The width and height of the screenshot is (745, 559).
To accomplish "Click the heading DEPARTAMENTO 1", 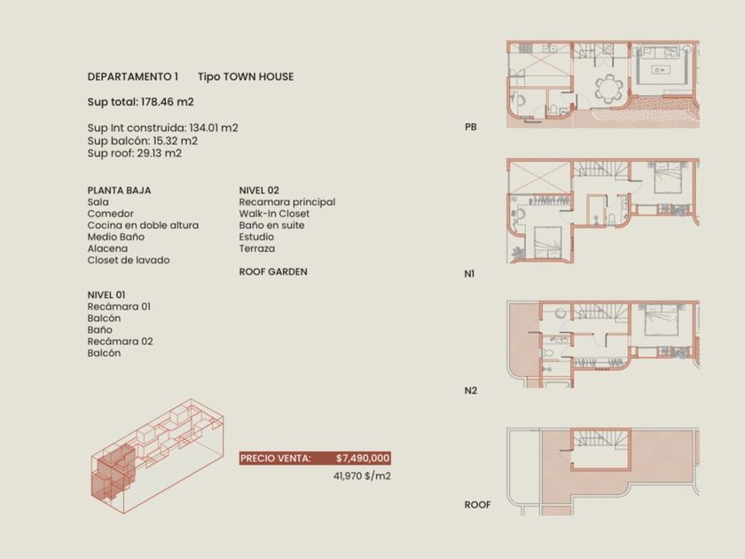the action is (132, 76).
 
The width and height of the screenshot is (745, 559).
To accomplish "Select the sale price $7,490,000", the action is (363, 458).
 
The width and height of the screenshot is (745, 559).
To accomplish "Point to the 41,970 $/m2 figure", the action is (362, 476).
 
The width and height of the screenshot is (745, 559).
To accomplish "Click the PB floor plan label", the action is (470, 127).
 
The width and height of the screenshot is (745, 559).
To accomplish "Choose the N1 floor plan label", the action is (469, 274).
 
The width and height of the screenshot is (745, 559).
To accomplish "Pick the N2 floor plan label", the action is (470, 390).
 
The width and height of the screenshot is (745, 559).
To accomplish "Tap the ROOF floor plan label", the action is (477, 505).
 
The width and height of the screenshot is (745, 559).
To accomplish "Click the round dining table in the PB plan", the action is (608, 89).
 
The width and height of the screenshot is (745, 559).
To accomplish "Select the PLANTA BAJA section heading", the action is (119, 190).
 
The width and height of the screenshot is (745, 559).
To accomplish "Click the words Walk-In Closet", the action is (274, 214).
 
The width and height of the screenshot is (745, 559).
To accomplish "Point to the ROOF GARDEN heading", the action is (273, 272).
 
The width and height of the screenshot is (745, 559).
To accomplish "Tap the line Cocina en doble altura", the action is (143, 225).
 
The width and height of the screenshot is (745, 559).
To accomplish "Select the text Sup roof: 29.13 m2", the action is (135, 153).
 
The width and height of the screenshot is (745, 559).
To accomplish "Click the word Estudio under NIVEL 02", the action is (256, 237).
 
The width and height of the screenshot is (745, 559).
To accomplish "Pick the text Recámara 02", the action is (121, 342).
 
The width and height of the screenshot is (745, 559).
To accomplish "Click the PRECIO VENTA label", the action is (276, 458).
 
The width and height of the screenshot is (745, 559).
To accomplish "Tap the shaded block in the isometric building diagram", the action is (114, 472).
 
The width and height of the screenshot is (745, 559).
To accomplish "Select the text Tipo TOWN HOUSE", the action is (246, 76).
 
